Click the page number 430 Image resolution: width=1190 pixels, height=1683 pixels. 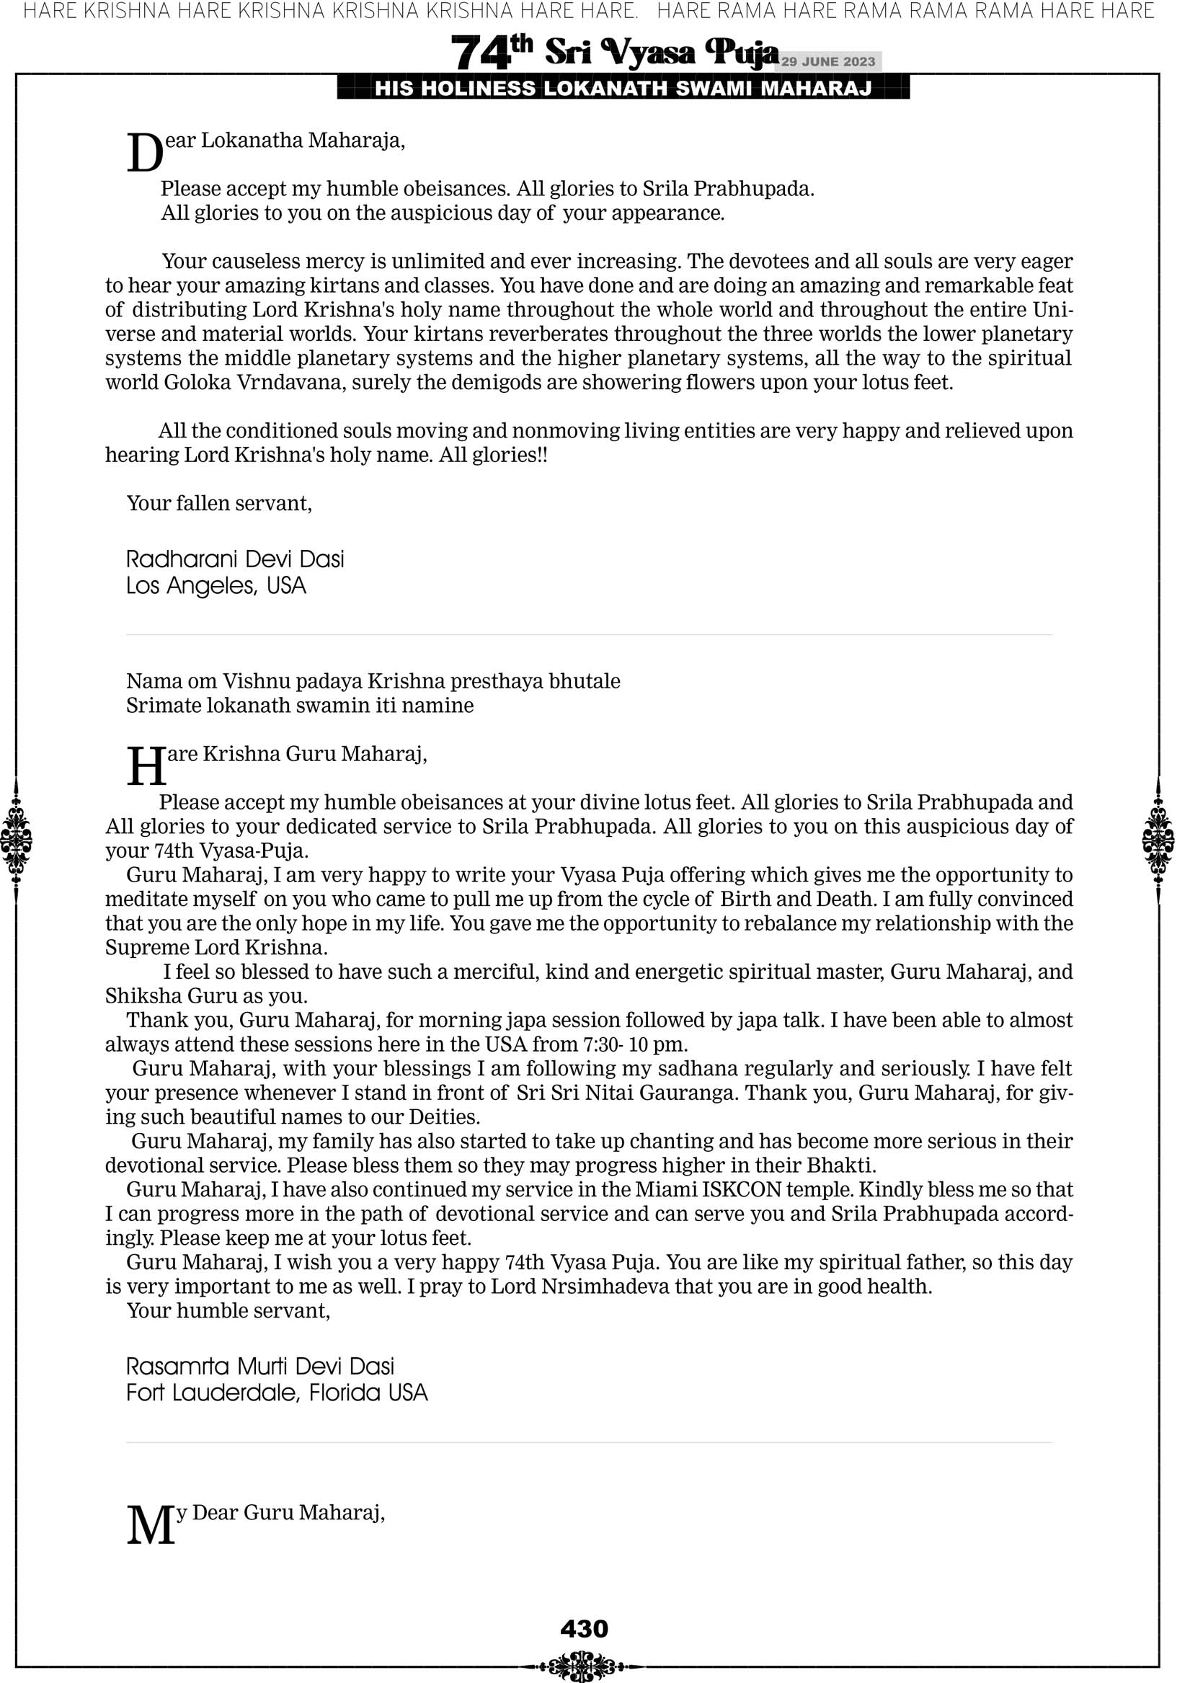[x=584, y=1628]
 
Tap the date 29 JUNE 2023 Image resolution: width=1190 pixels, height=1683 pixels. [x=827, y=61]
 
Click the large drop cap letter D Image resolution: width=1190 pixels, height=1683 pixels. [x=144, y=154]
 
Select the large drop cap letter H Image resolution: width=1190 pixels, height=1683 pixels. [x=146, y=766]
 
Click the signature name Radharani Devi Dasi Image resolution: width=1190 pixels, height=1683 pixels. [x=235, y=559]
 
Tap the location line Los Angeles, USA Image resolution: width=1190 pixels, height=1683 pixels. [x=216, y=586]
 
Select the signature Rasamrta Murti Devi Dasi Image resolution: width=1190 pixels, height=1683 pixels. [x=260, y=1366]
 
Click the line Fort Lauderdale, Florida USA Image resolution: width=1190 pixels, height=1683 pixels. [x=277, y=1392]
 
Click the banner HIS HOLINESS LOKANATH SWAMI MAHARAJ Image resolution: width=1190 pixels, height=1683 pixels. [x=623, y=89]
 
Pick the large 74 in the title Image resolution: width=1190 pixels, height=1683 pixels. [x=480, y=53]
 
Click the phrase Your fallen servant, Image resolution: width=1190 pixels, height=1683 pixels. [x=219, y=504]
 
